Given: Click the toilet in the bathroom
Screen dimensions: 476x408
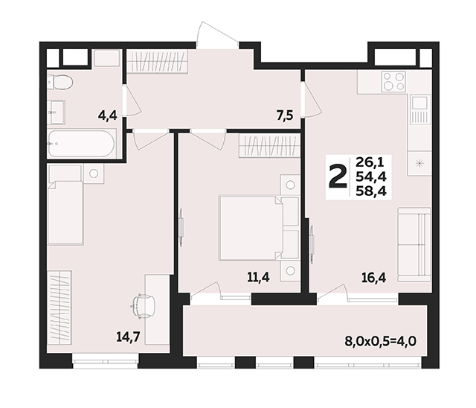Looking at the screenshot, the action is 60,82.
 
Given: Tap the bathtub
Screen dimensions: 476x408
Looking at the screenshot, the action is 81,144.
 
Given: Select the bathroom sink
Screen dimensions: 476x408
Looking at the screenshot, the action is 57,112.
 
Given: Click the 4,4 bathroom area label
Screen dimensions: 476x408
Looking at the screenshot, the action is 107,115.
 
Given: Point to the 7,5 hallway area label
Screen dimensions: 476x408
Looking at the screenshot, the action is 285,115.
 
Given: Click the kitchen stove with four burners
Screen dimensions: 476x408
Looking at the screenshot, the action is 394,81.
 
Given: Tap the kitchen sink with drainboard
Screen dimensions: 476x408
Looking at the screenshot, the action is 420,109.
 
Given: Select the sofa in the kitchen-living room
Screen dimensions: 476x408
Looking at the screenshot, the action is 414,244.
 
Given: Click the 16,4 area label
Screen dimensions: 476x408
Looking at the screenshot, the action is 373,278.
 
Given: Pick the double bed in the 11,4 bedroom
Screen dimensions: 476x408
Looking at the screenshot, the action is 251,228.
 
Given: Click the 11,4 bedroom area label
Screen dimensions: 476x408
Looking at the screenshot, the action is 258,278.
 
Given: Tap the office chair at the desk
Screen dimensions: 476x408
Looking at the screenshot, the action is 143,306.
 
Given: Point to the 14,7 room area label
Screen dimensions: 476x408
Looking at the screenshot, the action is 129,337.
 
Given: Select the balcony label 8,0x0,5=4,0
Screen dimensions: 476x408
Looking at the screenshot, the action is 380,341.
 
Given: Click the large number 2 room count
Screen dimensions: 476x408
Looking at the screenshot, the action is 338,177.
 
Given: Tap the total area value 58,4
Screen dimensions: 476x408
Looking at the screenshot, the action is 371,191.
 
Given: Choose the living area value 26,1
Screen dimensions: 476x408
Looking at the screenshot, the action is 370,162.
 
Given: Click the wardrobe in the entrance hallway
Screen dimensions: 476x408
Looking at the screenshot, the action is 157,61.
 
